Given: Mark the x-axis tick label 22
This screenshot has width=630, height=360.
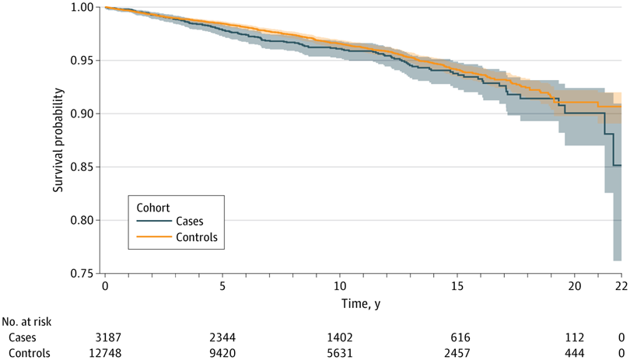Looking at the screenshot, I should (621, 286).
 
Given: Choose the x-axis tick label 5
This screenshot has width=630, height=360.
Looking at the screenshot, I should (222, 286).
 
